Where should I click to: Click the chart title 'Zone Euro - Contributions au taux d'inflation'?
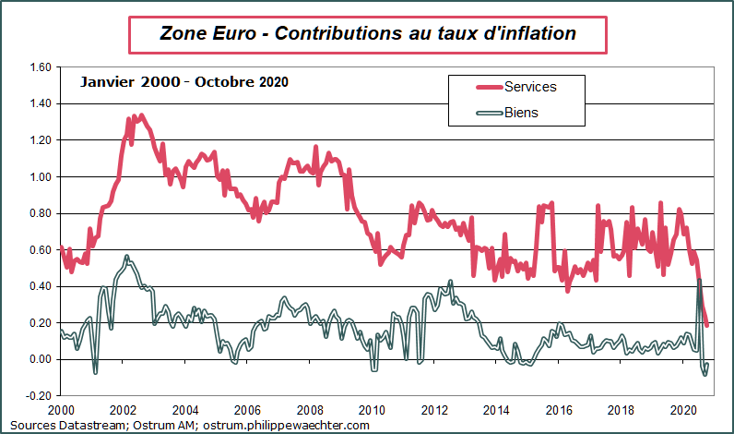click(367, 34)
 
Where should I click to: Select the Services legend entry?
click(530, 87)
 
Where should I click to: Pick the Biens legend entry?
click(521, 113)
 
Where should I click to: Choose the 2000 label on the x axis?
click(61, 409)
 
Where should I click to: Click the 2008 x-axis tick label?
click(310, 409)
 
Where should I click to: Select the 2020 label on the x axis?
click(683, 409)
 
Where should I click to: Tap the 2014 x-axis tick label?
click(496, 409)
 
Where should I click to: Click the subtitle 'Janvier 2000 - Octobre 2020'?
click(184, 82)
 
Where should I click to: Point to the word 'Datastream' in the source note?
click(80, 425)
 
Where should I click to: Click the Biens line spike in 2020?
click(699, 280)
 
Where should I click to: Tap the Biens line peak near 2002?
click(126, 256)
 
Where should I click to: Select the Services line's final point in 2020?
click(707, 325)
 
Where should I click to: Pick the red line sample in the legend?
click(477, 87)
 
